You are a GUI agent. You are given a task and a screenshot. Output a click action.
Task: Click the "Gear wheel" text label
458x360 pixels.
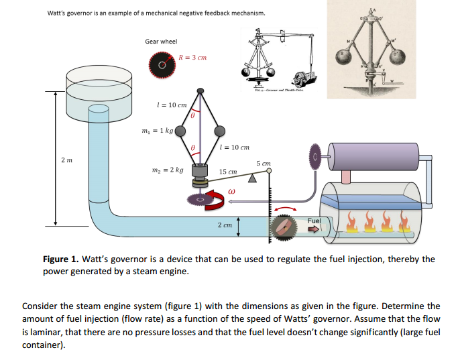161,42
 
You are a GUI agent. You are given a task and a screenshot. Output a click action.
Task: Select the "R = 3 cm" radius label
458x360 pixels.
192,57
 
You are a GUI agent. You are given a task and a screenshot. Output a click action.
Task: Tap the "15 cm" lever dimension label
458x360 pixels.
228,172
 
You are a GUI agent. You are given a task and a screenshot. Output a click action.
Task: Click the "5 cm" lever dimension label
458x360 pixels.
262,163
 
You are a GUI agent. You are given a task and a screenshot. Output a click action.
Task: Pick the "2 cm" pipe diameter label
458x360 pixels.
225,225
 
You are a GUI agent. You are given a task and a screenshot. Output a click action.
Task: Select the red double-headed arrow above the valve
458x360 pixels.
286,205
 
